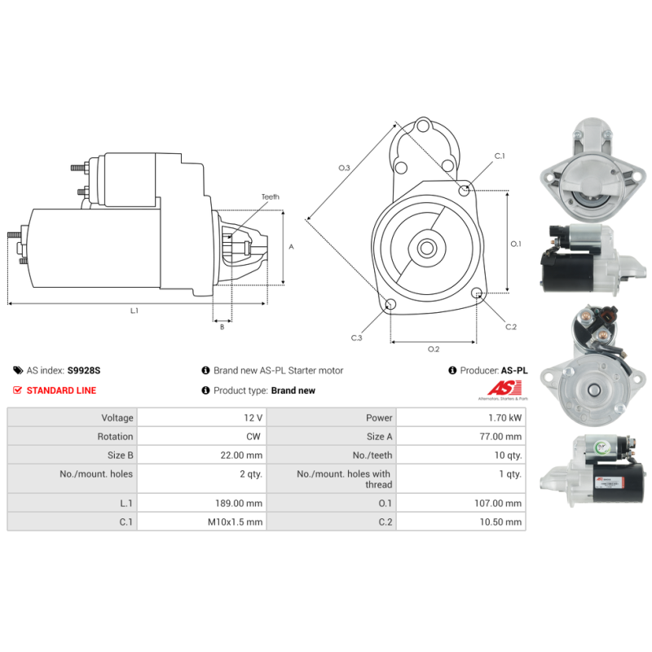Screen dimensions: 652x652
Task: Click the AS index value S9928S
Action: (x=84, y=370)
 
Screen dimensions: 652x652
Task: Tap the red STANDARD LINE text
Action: (x=61, y=390)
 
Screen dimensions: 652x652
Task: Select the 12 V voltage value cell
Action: (x=253, y=417)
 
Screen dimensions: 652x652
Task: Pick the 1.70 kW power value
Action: (x=504, y=417)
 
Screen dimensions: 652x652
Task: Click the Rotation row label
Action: (x=115, y=436)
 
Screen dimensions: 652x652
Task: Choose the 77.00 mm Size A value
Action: (x=500, y=436)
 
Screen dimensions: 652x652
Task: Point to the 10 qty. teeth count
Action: (x=508, y=456)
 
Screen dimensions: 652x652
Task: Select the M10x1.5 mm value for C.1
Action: (x=235, y=522)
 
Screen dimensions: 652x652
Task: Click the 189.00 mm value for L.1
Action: (x=239, y=503)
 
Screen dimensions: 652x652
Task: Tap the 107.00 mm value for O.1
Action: (x=498, y=503)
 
